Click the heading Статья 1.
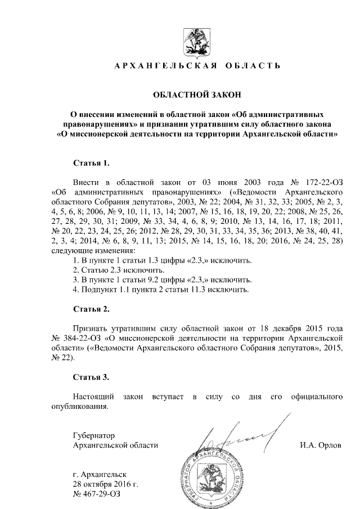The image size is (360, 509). (x=92, y=163)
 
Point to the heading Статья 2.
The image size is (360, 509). (x=92, y=309)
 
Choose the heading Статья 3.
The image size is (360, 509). (x=92, y=376)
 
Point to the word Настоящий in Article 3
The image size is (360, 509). (x=93, y=397)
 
